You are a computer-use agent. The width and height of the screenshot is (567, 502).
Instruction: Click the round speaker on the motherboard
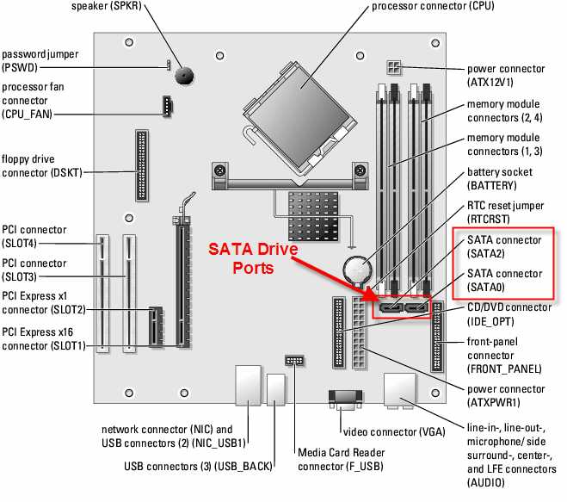pos(183,75)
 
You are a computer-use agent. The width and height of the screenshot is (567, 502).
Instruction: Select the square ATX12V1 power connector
pos(393,67)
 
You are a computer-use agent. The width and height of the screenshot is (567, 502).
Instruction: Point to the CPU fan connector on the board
pos(165,107)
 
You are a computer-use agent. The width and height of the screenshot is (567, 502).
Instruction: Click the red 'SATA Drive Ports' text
pos(254,258)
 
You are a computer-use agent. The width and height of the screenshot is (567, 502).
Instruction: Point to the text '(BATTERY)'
pos(492,185)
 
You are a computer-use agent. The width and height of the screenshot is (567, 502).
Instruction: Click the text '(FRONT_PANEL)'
pos(504,369)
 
